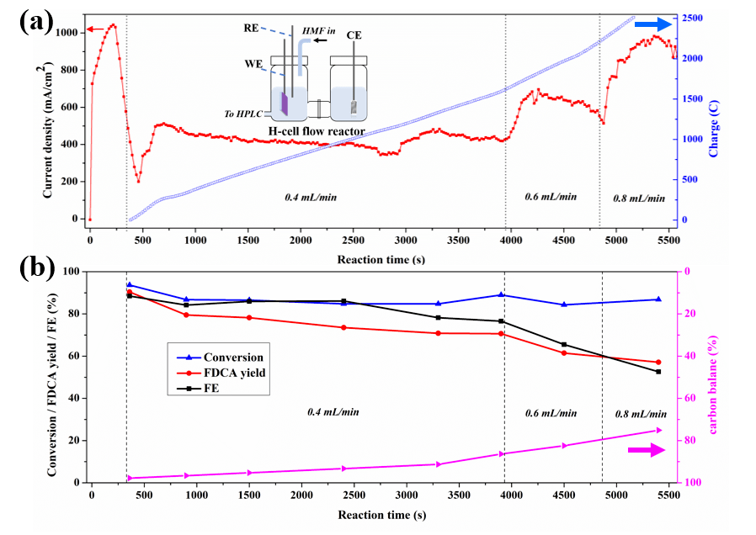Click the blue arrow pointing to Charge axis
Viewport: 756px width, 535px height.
pyautogui.click(x=647, y=24)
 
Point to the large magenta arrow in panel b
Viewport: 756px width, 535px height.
pyautogui.click(x=647, y=451)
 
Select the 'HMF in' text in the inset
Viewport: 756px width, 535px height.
pyautogui.click(x=317, y=30)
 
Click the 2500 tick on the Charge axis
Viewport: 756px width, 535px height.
pyautogui.click(x=693, y=18)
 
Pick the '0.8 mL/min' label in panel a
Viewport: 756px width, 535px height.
pyautogui.click(x=633, y=199)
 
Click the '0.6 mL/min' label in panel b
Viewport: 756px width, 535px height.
pyautogui.click(x=551, y=413)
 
